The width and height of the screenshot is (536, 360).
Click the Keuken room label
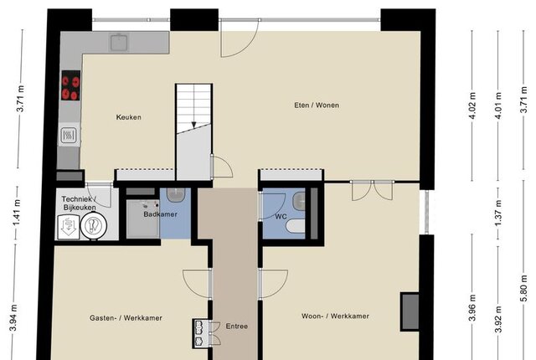coord(128,117)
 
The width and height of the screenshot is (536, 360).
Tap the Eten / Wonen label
coord(317,105)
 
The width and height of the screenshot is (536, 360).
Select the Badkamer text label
coord(160,214)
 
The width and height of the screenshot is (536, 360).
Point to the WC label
coord(281,217)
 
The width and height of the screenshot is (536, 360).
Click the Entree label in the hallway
coord(236,327)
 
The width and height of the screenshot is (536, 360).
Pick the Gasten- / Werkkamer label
coord(126,318)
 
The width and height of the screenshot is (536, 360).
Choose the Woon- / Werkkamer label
coord(335,316)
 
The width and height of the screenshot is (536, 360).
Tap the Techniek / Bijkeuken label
coord(80,203)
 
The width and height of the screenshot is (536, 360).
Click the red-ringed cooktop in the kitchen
coord(70,85)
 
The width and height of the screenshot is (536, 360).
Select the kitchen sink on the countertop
coord(119,43)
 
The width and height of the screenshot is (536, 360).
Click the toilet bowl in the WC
coord(295,226)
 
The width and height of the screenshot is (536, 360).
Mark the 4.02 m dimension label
coord(472,105)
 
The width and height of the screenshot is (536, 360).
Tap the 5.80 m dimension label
coord(523,288)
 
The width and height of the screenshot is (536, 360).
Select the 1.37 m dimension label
coord(498,213)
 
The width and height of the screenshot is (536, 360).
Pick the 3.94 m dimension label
coord(13,318)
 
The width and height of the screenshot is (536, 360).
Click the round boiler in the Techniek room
coord(94,226)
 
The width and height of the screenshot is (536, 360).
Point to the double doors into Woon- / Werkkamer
coord(373,190)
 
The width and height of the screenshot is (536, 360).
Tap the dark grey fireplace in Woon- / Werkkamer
coord(410,311)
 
